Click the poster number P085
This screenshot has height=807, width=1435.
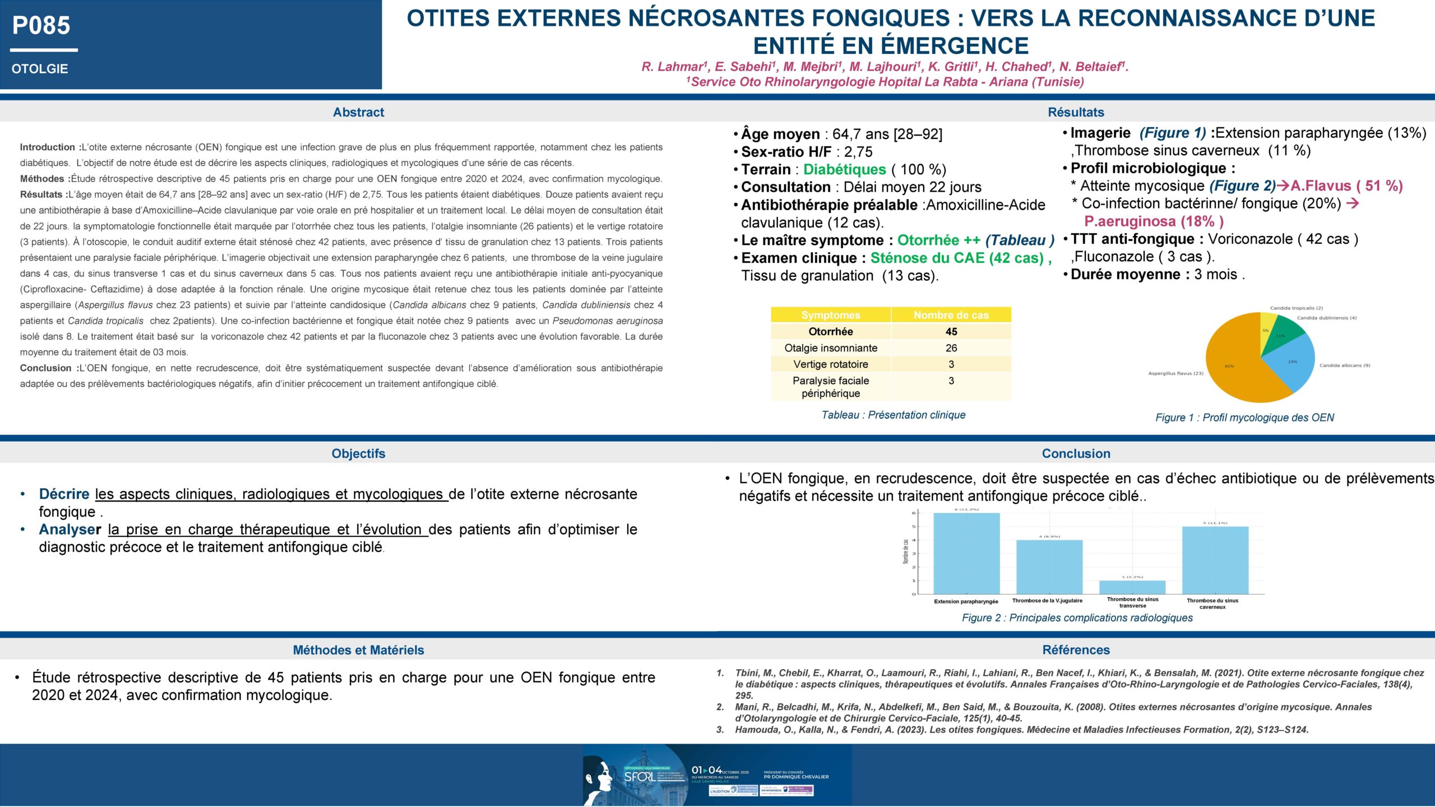41,26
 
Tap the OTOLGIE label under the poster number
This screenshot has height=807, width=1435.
40,69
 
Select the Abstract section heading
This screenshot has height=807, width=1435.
358,112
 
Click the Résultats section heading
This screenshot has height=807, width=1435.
1076,112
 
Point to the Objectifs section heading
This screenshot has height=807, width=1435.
358,453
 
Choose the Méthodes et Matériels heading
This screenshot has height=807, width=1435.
358,650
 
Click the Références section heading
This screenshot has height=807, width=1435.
1076,650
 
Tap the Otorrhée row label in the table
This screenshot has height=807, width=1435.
830,331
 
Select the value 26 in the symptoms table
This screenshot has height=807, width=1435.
951,348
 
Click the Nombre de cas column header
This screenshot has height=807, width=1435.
951,315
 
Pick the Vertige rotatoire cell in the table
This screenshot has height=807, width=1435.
830,364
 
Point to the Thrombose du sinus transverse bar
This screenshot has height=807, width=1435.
1132,587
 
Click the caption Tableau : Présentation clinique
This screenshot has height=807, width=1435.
893,415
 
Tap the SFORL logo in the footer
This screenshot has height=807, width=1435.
639,777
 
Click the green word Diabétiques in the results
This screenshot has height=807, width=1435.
844,170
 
